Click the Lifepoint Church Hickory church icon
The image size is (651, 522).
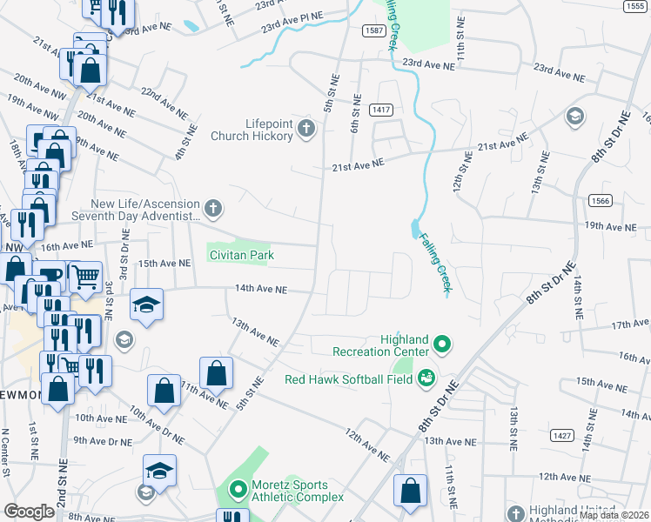pyautogui.click(x=305, y=130)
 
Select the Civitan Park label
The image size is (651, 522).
pyautogui.click(x=241, y=255)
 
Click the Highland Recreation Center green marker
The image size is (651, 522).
pyautogui.click(x=441, y=345)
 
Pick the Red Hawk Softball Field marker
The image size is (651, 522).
pyautogui.click(x=426, y=378)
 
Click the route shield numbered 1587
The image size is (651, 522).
pyautogui.click(x=375, y=30)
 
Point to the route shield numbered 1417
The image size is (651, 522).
pyautogui.click(x=380, y=110)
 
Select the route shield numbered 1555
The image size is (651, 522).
pyautogui.click(x=634, y=6)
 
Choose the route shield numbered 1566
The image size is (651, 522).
pyautogui.click(x=596, y=199)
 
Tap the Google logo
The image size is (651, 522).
pyautogui.click(x=29, y=512)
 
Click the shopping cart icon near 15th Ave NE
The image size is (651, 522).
pyautogui.click(x=84, y=277)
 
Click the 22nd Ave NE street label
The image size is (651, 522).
pyautogui.click(x=164, y=102)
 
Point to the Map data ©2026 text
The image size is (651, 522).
pyautogui.click(x=614, y=515)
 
